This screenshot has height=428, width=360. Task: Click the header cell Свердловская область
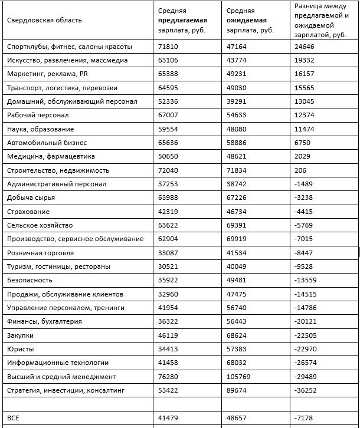(x=44, y=20)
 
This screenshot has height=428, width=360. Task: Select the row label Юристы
(x=20, y=349)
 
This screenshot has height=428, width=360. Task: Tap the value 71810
(x=169, y=46)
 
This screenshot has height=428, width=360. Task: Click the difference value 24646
(x=306, y=46)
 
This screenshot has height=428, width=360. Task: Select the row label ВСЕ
(x=14, y=418)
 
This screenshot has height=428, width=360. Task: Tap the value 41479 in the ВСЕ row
(x=169, y=418)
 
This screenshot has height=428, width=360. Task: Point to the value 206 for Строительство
(x=302, y=170)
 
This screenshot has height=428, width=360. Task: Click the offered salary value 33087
(x=169, y=253)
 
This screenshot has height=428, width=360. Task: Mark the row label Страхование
(x=28, y=212)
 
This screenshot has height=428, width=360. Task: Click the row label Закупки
(x=21, y=335)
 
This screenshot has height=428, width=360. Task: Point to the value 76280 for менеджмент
(x=169, y=377)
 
